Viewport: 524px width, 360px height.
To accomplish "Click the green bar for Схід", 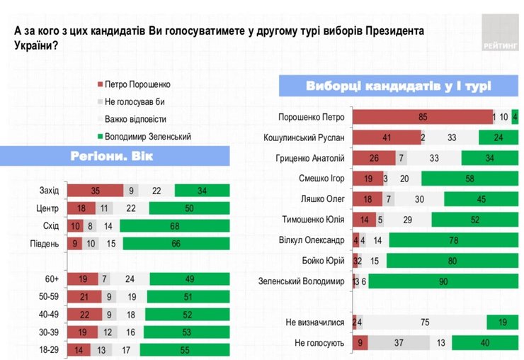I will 175,227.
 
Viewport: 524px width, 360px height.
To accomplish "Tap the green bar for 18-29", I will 185,349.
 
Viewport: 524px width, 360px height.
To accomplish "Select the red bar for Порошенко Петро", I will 422,117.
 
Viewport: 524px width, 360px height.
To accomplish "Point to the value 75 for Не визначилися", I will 425,323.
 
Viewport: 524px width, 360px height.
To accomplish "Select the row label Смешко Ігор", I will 322,179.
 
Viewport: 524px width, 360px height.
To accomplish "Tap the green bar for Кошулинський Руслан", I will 499,137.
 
